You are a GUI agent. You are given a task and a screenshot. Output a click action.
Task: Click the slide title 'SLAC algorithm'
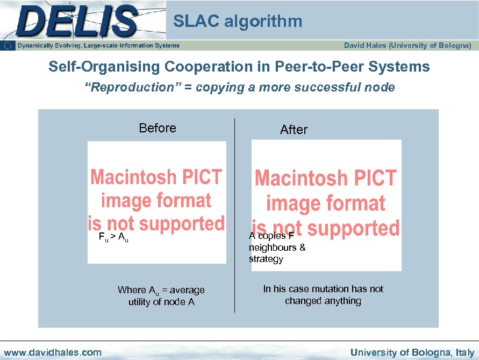coord(238,22)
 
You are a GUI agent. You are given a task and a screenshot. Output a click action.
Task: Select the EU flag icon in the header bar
coord(9,46)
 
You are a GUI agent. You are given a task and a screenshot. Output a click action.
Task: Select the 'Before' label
coord(158,128)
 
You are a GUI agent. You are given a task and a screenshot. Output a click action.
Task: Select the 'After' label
coord(294,130)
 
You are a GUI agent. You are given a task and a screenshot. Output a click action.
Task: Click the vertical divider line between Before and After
coord(234,215)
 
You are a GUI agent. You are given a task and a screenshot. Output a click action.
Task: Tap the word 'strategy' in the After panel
coord(266,259)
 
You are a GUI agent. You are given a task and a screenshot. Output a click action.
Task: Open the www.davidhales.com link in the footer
coord(52,352)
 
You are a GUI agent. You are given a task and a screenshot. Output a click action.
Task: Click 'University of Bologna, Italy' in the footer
coord(412,352)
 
